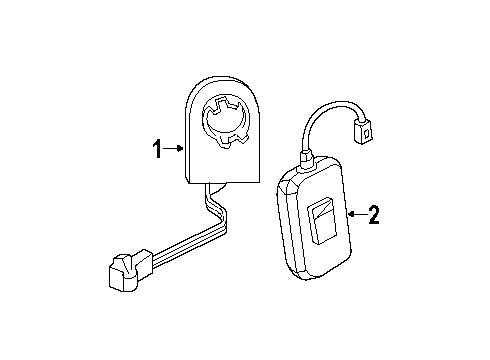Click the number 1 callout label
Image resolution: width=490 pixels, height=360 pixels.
point(157,150)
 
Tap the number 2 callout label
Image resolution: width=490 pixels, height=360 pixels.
point(374,214)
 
